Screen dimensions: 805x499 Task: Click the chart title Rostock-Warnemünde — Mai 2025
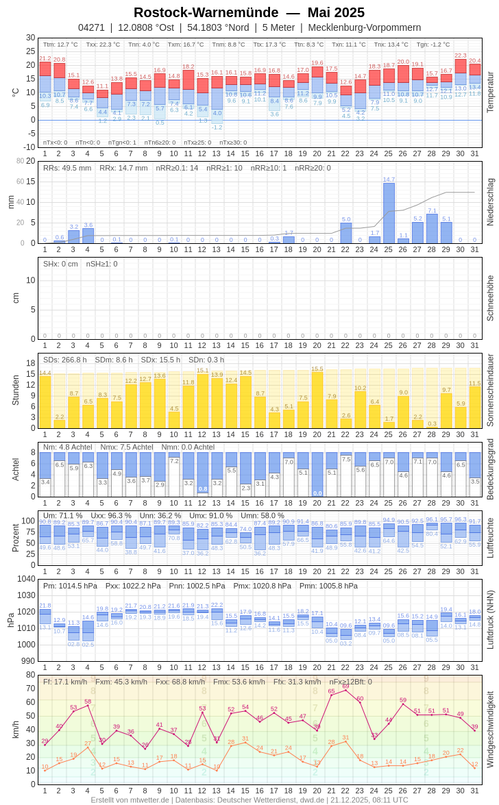249,12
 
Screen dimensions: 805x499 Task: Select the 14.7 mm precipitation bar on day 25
389,213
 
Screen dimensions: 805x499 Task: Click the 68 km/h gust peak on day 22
345,690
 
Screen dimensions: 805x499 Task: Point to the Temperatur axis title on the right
490,92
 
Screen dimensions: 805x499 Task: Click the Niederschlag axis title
490,202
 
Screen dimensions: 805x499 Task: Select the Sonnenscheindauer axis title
490,390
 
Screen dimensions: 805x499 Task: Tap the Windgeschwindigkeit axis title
490,728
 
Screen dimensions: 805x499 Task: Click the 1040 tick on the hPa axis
26,579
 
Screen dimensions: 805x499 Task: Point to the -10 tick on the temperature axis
29,147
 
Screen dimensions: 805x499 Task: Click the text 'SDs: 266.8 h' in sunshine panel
65,360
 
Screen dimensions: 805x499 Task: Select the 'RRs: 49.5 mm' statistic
67,168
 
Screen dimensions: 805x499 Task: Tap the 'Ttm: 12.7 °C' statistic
60,45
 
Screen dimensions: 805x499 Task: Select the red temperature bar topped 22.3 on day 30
461,66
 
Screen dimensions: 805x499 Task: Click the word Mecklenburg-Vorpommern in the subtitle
365,27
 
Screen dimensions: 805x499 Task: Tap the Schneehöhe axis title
490,298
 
